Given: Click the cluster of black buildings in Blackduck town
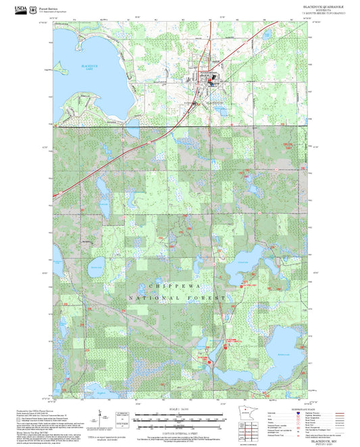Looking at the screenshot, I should click(209, 80).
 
